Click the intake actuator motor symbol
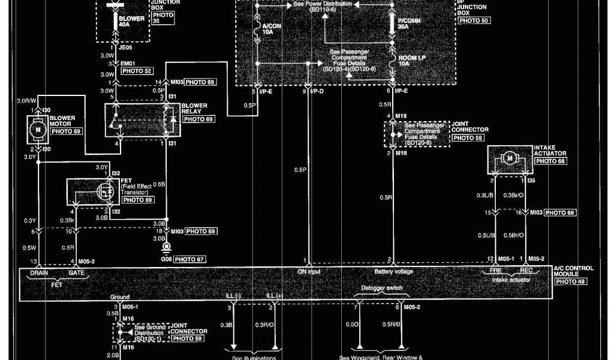coord(510,158)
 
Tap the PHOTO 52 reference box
coord(137,71)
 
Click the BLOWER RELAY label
coord(194,109)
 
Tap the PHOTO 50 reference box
coord(474,20)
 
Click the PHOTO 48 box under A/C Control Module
coord(570,281)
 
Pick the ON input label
coord(309,272)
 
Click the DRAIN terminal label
coord(40,272)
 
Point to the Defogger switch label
coord(377,289)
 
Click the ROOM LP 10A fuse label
coord(412,61)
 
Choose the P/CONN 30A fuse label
coord(410,23)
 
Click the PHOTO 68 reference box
coord(550,161)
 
